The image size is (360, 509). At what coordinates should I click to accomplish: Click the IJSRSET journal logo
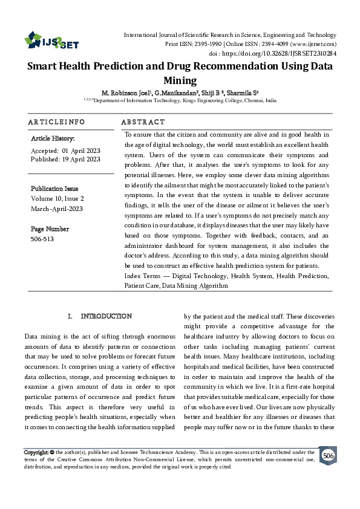[51, 41]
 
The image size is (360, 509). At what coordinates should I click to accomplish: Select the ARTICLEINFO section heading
[57, 122]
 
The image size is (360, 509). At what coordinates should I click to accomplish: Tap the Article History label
[53, 138]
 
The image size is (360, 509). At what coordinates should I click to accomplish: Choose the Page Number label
[50, 229]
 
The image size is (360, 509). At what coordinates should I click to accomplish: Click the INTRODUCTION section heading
[106, 316]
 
